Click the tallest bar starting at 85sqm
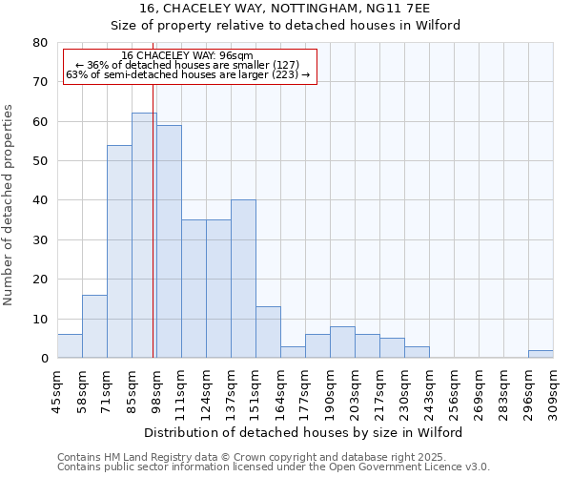[x=144, y=236]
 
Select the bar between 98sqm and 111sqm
[x=169, y=241]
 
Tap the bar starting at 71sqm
[x=119, y=252]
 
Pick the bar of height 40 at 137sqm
[x=243, y=279]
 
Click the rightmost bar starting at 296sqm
[x=541, y=354]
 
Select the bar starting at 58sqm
[x=94, y=326]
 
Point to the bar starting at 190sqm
[x=342, y=342]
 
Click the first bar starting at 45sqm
[x=70, y=346]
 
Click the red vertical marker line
[x=153, y=219]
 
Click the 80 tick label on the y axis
[x=39, y=43]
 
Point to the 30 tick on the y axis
[x=39, y=240]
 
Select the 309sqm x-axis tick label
[x=553, y=388]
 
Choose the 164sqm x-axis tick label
[x=280, y=388]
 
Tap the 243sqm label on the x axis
[x=429, y=388]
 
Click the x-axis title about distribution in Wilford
[x=304, y=432]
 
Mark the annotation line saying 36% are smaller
[x=187, y=65]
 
